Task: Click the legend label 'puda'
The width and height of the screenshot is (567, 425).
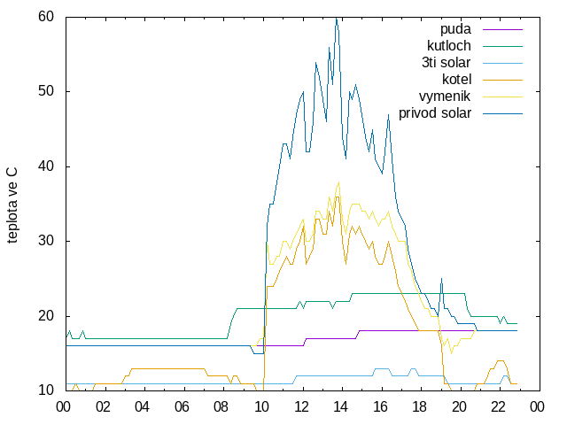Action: pos(455,29)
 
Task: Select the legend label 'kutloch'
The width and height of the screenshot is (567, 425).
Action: pos(449,46)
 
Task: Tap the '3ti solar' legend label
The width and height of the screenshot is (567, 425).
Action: pos(447,63)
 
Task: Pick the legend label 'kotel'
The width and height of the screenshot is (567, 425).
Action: pos(457,79)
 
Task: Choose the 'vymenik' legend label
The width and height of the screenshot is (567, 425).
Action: pos(445,97)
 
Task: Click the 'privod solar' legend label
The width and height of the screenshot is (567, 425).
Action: pos(435,113)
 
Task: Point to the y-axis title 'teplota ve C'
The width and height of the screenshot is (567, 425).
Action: pos(12,205)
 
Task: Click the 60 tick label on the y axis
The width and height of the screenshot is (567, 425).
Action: pos(46,16)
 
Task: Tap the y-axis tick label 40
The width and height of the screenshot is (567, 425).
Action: pos(46,166)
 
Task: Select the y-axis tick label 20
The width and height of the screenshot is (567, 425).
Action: pos(46,316)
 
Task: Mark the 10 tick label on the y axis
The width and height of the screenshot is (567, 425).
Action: pos(46,390)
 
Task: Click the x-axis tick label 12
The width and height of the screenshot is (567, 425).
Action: pos(301,407)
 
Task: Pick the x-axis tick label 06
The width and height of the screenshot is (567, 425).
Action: pos(182,407)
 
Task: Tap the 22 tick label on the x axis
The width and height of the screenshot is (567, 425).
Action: pos(498,407)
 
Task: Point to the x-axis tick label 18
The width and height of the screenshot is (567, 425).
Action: pos(419,407)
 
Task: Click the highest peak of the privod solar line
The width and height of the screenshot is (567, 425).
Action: pos(337,18)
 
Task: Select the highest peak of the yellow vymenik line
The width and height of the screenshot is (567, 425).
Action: pos(338,182)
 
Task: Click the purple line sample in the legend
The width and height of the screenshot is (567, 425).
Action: pos(502,29)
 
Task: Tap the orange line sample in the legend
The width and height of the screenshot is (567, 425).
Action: pos(502,80)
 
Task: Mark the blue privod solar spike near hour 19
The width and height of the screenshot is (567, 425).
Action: pos(441,279)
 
